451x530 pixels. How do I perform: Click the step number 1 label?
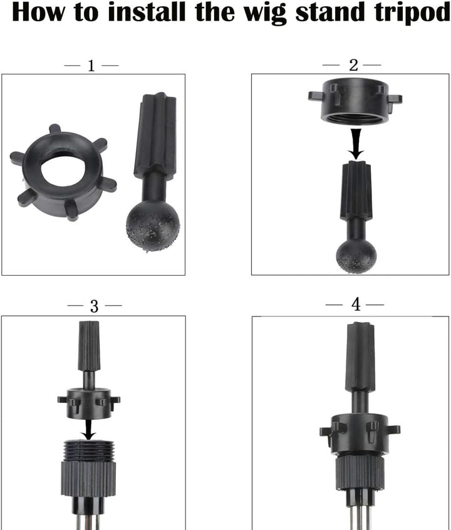click(x=91, y=65)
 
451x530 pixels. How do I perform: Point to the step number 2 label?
click(x=353, y=65)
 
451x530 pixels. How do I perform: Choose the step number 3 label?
click(x=94, y=306)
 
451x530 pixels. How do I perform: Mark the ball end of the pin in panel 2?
click(x=355, y=254)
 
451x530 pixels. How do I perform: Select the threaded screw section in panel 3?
click(x=89, y=450)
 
